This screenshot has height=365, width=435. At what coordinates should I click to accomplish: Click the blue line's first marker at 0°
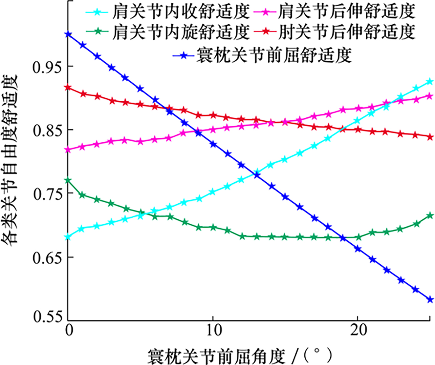[x=68, y=34]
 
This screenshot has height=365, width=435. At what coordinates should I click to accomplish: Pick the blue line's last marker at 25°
[x=430, y=300]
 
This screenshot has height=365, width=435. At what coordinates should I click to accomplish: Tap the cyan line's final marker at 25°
[x=430, y=82]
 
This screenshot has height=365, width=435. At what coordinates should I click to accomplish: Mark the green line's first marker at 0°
[x=68, y=180]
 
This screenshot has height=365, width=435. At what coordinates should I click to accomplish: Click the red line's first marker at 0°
[x=68, y=87]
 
